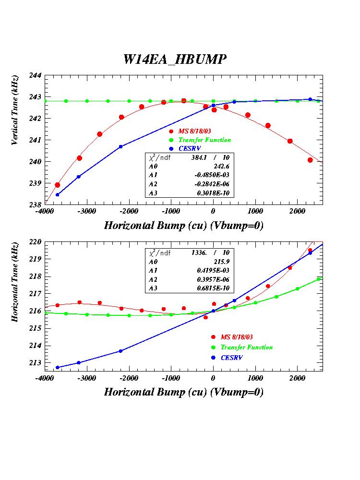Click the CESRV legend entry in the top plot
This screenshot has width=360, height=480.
coord(190,148)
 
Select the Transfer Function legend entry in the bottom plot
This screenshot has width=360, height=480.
coord(246,347)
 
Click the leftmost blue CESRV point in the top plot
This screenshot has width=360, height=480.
coord(58,194)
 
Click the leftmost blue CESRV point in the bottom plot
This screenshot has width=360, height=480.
coord(58,368)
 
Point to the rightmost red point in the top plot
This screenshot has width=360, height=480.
coord(310,160)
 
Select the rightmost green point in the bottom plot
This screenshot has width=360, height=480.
coord(318,279)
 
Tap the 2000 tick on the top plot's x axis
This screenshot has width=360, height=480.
coord(297,211)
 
